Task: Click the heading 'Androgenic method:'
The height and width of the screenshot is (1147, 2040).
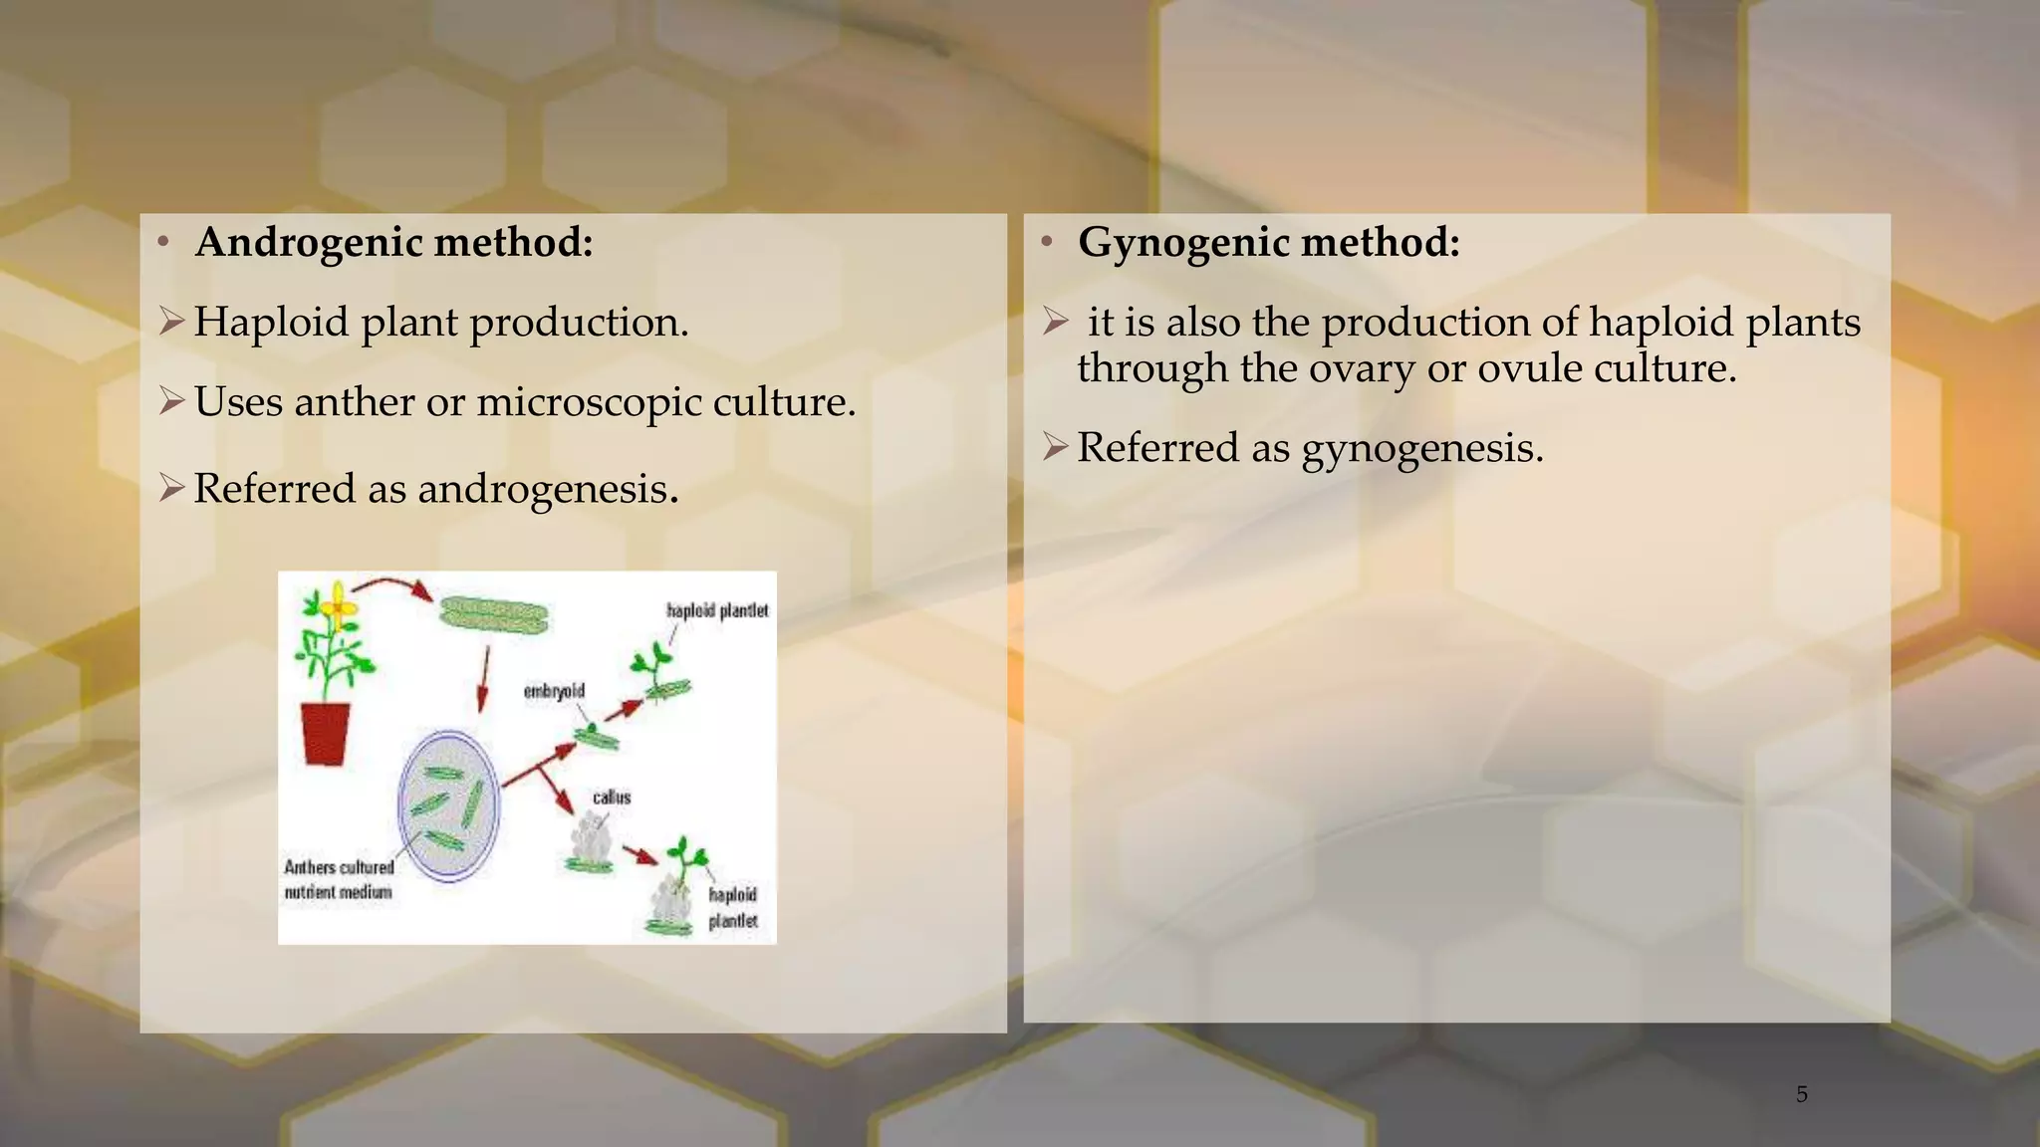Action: [393, 242]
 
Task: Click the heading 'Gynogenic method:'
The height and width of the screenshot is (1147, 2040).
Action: [1268, 242]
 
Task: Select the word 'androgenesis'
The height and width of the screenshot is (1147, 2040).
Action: [547, 489]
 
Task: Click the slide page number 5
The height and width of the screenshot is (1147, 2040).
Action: [1801, 1094]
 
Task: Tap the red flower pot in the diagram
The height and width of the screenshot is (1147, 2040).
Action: [326, 733]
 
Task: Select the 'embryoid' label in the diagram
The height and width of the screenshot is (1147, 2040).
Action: [554, 691]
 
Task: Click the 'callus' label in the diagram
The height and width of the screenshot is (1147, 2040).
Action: [611, 797]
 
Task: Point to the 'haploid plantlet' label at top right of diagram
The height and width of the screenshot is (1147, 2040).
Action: [717, 609]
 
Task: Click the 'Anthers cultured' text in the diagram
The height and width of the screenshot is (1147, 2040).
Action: [339, 867]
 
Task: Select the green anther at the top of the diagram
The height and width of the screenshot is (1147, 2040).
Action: [493, 616]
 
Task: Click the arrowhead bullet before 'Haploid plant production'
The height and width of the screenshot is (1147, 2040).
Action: [171, 322]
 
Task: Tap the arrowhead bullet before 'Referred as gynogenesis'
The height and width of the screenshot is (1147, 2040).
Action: [1055, 447]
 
